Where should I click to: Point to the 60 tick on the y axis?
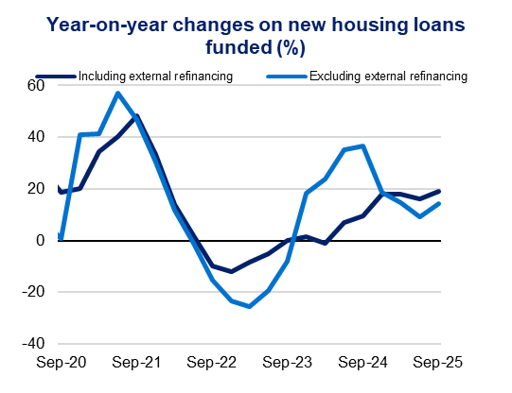(36, 86)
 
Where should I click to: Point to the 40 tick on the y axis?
(36, 137)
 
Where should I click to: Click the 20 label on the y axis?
(36, 189)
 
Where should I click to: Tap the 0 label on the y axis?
(41, 241)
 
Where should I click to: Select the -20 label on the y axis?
(33, 292)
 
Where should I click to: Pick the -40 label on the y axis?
(33, 344)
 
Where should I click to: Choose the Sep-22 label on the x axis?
(212, 362)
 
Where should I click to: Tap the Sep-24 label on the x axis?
(364, 362)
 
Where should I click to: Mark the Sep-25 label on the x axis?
(440, 362)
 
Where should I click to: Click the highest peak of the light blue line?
(117, 93)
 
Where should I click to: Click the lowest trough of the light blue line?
(249, 306)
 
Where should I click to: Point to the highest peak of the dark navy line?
(137, 116)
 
